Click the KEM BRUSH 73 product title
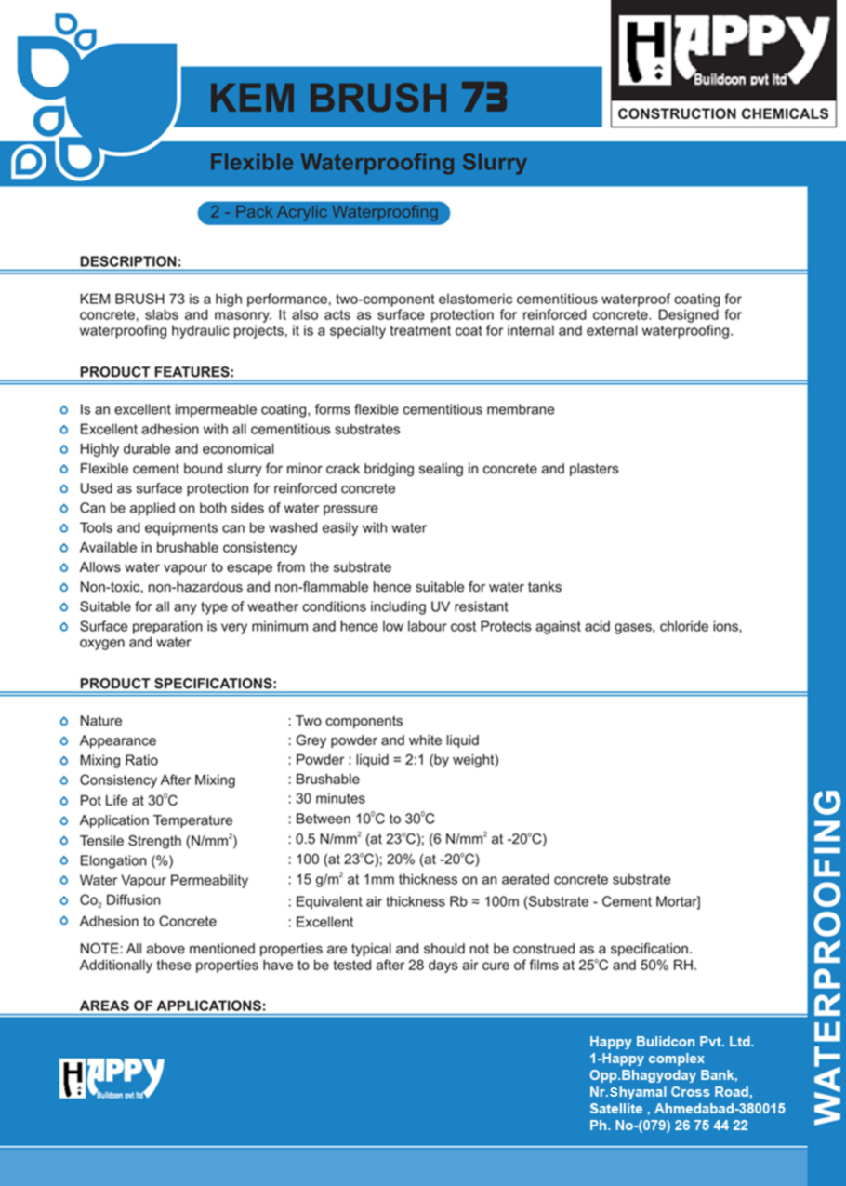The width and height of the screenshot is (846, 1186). coord(358,97)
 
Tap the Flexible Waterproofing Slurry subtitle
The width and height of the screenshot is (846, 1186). coord(367,163)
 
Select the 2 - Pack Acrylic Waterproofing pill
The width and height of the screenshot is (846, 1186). coord(324,213)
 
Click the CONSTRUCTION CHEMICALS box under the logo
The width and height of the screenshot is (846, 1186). coord(722,113)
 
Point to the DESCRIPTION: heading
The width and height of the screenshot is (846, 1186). coord(130,261)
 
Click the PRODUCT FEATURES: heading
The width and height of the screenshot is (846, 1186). coord(156,372)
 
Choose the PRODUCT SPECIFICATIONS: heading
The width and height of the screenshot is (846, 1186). coord(178,684)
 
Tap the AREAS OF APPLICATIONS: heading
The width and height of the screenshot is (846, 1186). coord(172,1006)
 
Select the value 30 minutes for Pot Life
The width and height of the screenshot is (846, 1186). coord(330,799)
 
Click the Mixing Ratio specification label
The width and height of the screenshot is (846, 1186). coord(118,761)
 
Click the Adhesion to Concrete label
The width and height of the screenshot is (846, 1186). coord(147,922)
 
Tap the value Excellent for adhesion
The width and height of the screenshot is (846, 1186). coord(324,922)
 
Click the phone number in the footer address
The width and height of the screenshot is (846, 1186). coord(668,1126)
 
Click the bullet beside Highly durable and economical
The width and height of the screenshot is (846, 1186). coord(63,449)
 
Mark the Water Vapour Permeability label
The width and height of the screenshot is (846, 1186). coord(163,880)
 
